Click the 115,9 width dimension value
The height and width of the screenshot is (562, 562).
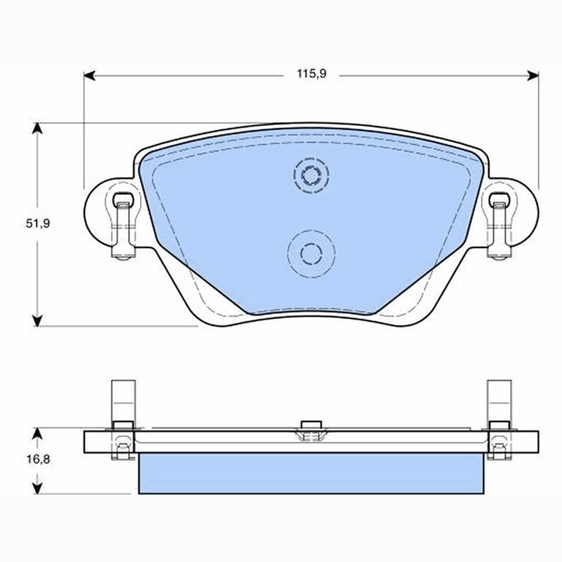point(312,74)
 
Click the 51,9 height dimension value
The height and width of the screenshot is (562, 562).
point(37,224)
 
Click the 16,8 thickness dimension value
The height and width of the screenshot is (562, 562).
point(38,459)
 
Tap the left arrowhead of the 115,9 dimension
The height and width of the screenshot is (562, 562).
point(89,75)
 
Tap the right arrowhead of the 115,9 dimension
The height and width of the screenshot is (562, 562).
point(533,75)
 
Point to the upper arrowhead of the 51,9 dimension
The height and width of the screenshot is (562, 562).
point(37,128)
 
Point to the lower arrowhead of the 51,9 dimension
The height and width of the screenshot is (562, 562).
point(37,321)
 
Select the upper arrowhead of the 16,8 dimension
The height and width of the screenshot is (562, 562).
point(37,433)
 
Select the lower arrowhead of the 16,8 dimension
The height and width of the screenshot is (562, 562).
point(37,488)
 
